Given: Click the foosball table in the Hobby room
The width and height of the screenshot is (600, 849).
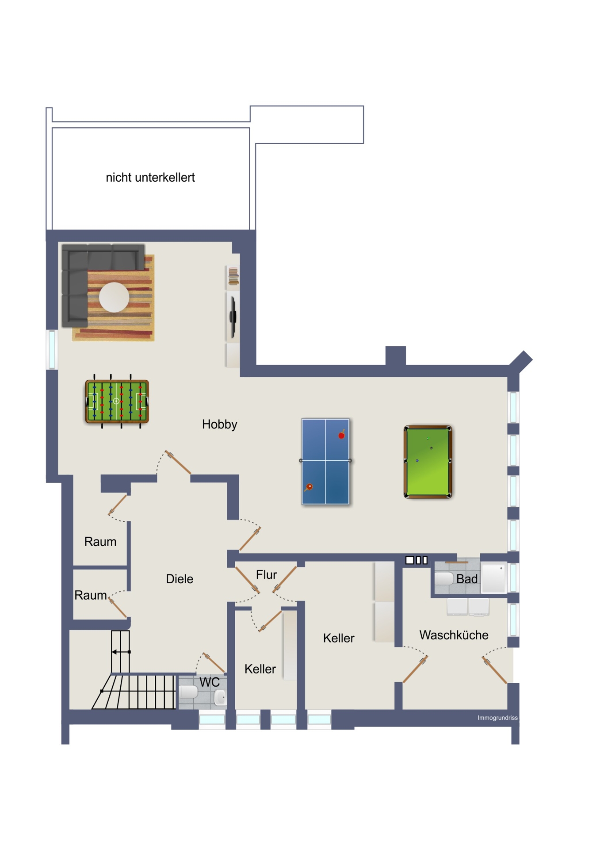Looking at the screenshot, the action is pos(117,401).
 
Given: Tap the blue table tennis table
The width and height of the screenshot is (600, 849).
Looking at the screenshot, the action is pos(325,461).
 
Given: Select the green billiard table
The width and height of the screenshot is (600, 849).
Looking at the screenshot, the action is pos(428,462).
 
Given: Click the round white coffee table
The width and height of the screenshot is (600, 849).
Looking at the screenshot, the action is pos(114,297).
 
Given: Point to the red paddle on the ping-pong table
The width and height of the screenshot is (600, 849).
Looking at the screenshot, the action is pos(341,435).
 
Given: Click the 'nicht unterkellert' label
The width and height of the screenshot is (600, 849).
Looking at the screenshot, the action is pos(150,177).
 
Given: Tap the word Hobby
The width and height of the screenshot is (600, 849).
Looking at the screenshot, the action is pos(220,424).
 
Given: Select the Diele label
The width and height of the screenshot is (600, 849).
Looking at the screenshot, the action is pos(180,579).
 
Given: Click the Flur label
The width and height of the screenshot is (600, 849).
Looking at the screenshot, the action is pos(266,574).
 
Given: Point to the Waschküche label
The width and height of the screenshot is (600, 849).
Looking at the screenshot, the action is pos(454,635).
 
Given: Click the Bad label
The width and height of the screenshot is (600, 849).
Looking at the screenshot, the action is pos(467,579).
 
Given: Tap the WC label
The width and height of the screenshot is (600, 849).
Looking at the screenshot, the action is pos(210,682).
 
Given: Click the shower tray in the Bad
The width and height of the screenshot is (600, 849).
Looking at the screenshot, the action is pos(493,577).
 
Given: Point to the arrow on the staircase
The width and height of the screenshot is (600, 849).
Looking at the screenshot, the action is pos(121,652).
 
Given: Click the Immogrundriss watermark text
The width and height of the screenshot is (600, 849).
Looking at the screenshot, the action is pos(497,718).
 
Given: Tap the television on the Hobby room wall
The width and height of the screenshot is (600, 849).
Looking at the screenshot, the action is pos(233,317).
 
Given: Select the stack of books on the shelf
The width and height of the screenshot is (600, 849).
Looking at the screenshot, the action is pos(233,276).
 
